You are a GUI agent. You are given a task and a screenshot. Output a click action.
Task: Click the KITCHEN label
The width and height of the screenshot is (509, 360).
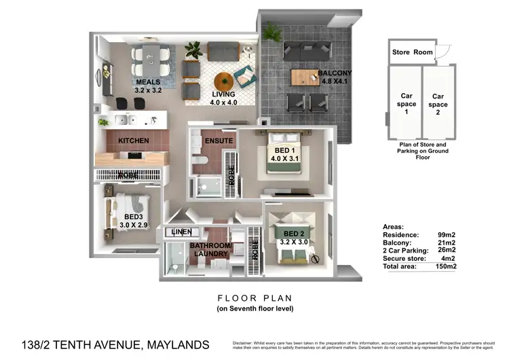tap(133, 141)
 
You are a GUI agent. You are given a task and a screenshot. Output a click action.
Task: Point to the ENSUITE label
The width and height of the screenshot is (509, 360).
tap(219, 141)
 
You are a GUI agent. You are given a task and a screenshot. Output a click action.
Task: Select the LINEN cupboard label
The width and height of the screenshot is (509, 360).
tap(181, 232)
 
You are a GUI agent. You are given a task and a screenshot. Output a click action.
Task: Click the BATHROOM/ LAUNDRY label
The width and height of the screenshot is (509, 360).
tap(210, 249)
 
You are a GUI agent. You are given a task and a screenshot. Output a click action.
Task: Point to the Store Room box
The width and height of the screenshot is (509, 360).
tap(413, 52)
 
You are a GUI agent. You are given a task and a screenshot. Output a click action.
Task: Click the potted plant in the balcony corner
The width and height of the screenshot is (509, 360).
tap(273, 31)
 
